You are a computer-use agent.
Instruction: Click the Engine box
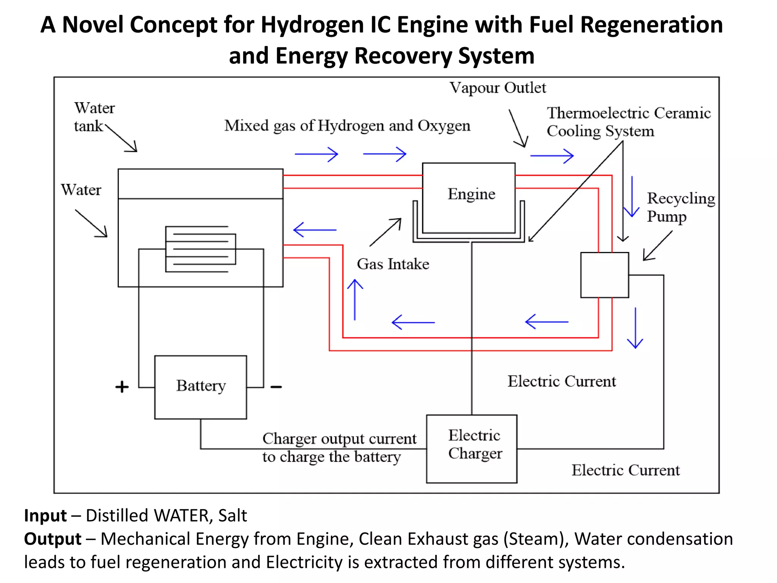click(x=469, y=197)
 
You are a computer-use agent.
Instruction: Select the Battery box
click(x=201, y=387)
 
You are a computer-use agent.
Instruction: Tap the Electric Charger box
click(x=472, y=448)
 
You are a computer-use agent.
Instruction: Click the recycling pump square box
click(x=604, y=275)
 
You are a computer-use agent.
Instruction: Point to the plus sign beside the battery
click(x=122, y=387)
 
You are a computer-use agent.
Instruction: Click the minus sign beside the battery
click(x=276, y=387)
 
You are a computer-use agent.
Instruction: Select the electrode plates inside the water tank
click(x=200, y=249)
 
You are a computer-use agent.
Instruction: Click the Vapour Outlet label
click(x=497, y=88)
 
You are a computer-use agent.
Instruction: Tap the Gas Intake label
click(x=393, y=264)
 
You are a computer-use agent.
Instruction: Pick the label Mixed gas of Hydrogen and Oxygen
click(x=347, y=126)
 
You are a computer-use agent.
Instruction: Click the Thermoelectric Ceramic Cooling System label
click(x=628, y=122)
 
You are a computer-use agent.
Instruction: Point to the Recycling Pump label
click(x=681, y=207)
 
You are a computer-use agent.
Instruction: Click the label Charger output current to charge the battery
click(x=339, y=447)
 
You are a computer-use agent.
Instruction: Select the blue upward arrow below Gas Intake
click(x=355, y=299)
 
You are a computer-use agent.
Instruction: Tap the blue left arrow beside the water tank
click(x=315, y=230)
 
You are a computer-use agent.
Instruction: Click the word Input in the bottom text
click(x=45, y=515)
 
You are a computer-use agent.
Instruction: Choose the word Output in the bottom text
click(x=52, y=539)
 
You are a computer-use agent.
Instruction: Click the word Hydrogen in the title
click(x=313, y=25)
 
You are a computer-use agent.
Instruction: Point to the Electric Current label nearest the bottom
click(x=625, y=470)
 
